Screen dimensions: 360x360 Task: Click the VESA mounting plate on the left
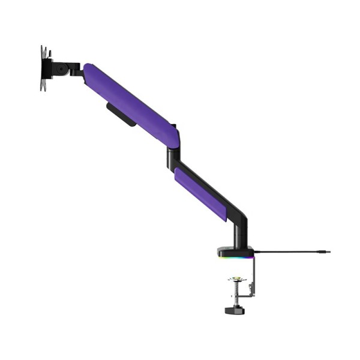tap(44, 68)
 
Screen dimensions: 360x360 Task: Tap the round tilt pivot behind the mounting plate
tap(61, 68)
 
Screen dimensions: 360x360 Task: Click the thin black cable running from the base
tap(288, 251)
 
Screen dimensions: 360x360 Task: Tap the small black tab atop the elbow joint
tap(174, 127)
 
